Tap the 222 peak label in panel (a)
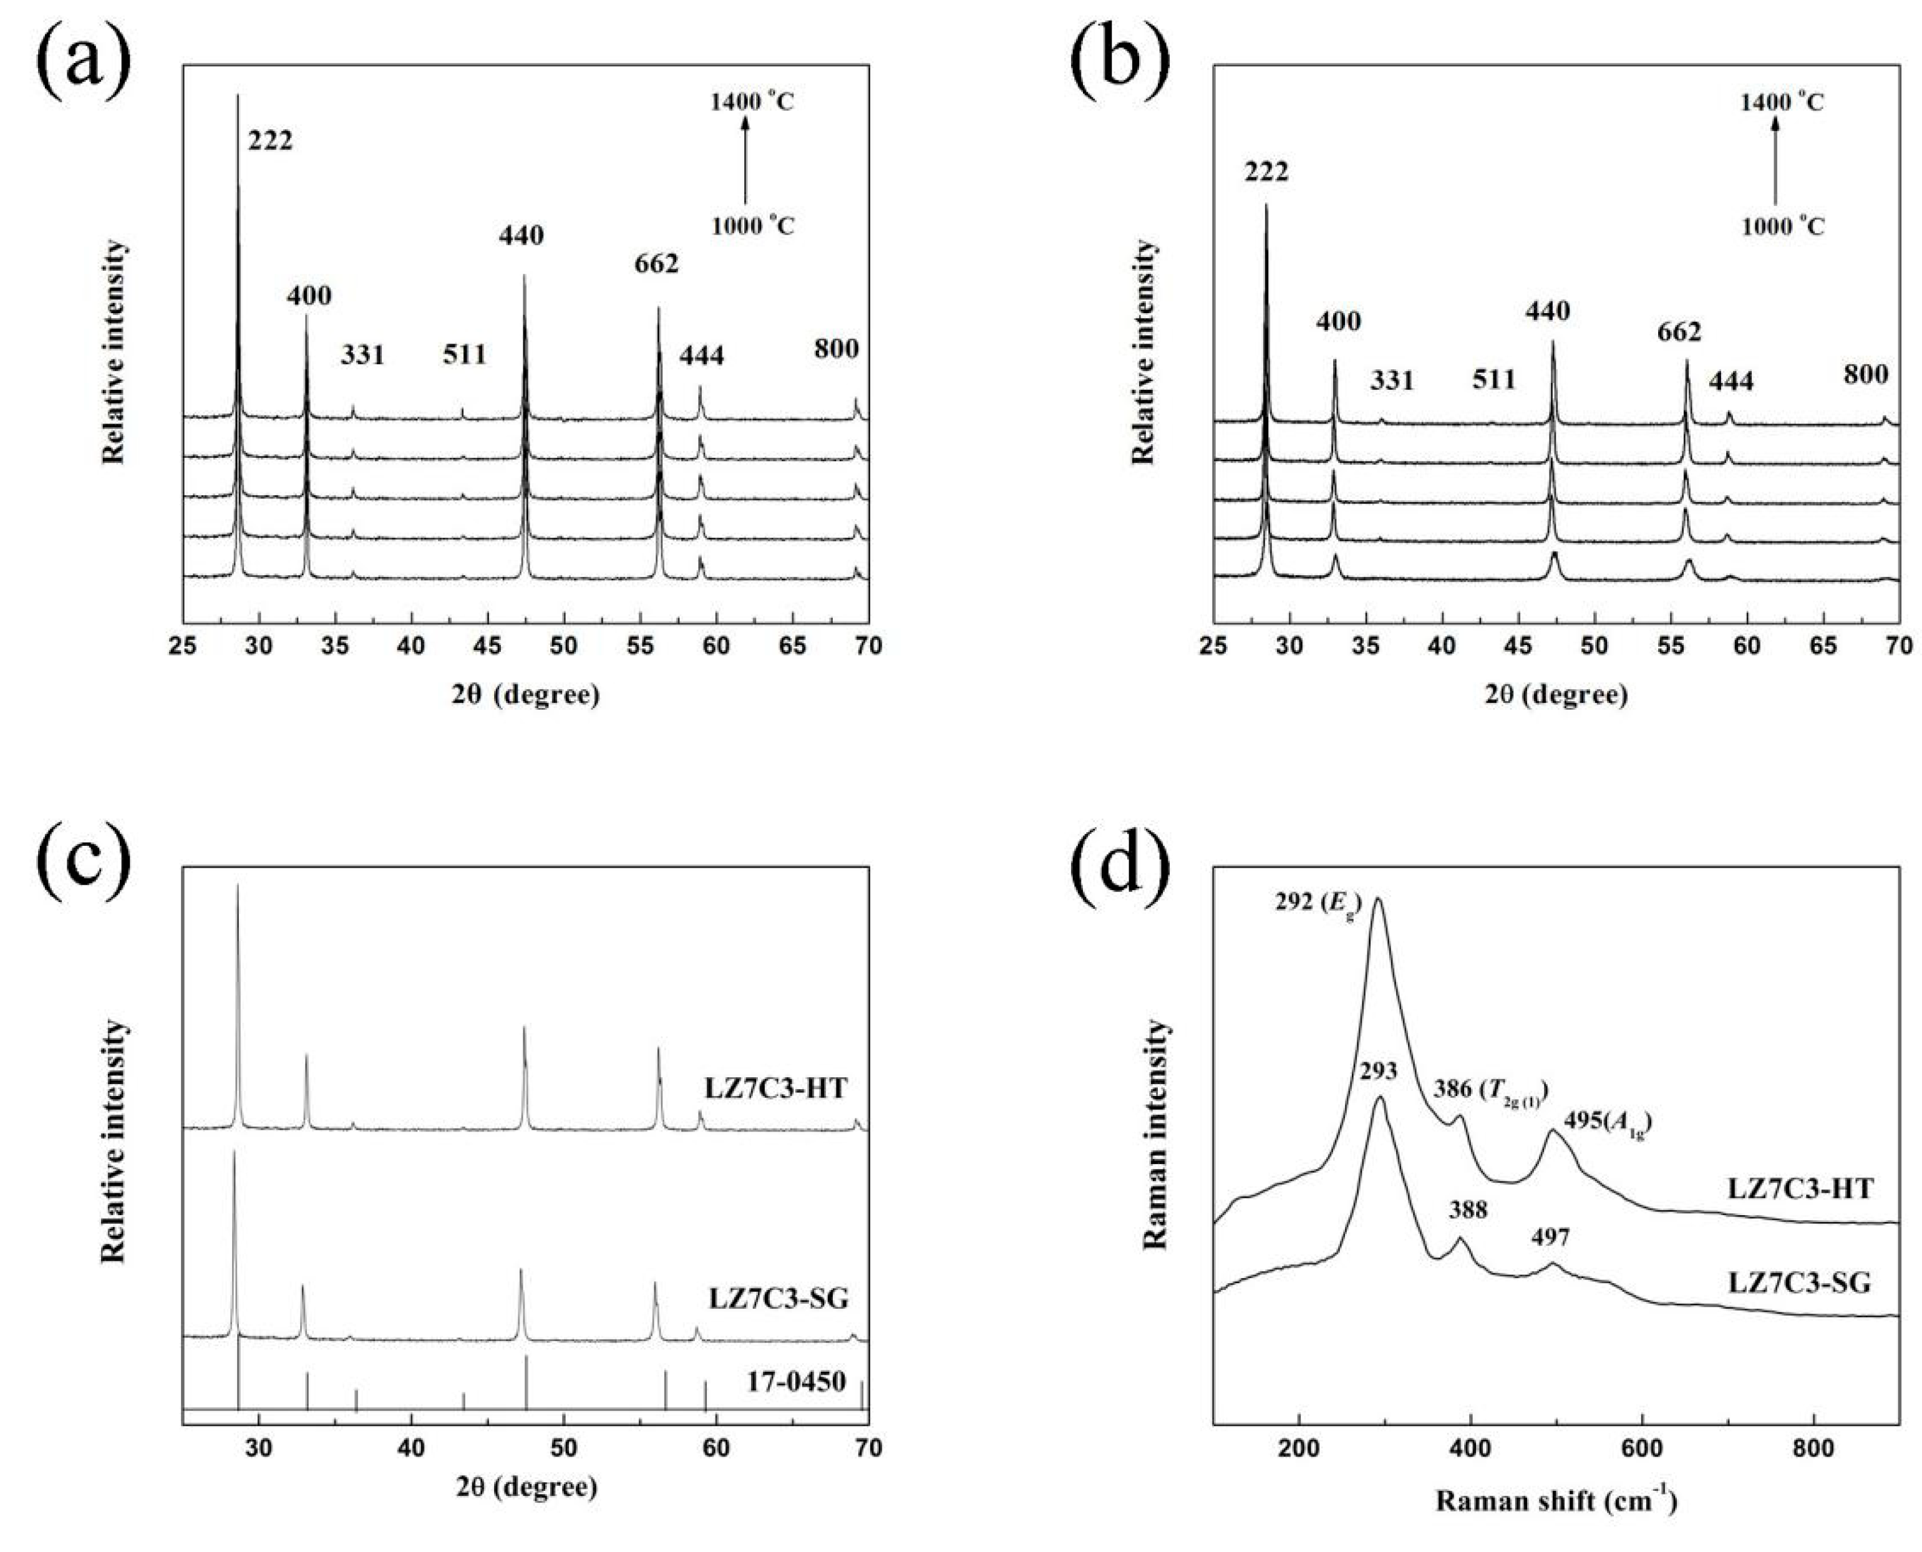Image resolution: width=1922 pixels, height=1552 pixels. click(x=270, y=141)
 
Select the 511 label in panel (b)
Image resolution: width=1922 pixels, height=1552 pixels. click(x=1494, y=380)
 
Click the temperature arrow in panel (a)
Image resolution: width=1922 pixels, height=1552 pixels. click(x=745, y=162)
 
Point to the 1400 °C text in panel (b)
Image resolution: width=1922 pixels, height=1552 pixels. click(x=1782, y=102)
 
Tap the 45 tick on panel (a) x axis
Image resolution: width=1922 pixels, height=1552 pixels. click(x=487, y=646)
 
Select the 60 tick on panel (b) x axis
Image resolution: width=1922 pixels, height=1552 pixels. click(x=1747, y=646)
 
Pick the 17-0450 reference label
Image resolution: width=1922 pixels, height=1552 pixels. click(x=795, y=1382)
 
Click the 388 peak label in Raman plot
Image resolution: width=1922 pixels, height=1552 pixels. click(x=1468, y=1211)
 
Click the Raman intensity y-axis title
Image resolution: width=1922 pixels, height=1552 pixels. click(x=1155, y=1133)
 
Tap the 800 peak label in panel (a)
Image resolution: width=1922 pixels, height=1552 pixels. click(x=836, y=349)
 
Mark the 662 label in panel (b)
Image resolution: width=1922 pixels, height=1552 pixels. click(x=1679, y=332)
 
